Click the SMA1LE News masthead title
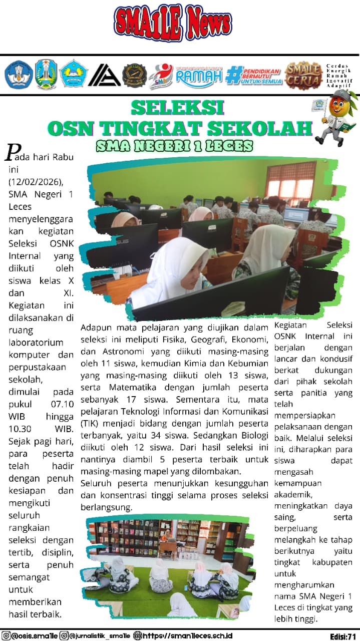click(173, 22)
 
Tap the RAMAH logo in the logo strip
click(199, 76)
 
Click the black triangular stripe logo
click(104, 75)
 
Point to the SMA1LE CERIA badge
click(303, 75)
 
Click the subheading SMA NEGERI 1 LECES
click(175, 146)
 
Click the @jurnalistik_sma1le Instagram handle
click(101, 635)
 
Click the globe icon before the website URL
click(138, 635)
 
